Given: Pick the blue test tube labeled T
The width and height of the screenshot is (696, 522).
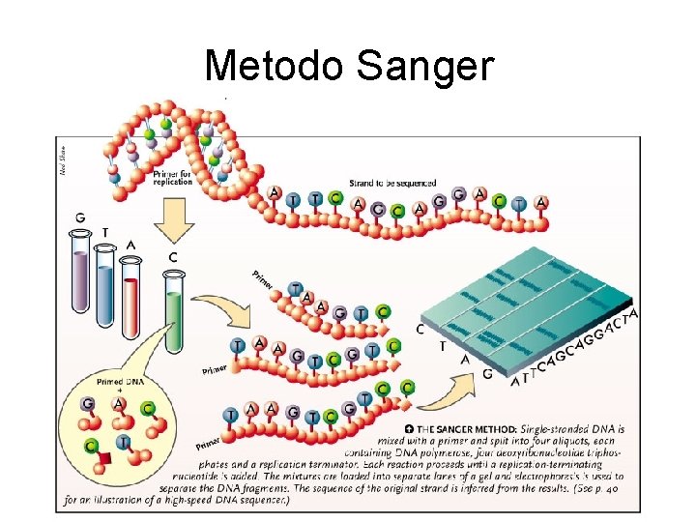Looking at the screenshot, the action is [105, 280].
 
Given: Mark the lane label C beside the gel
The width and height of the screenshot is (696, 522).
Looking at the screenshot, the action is [419, 328].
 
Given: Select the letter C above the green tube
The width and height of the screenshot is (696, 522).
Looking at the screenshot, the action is [171, 256].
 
